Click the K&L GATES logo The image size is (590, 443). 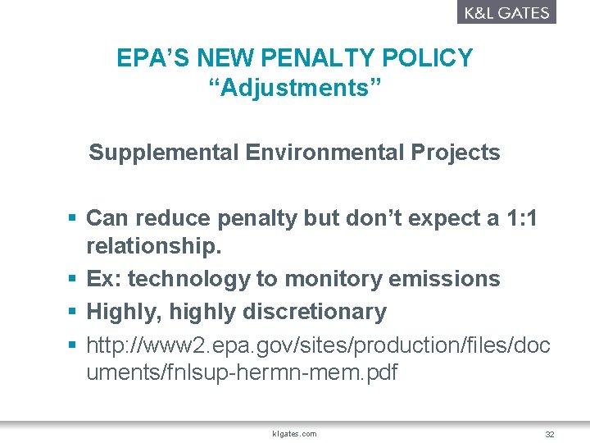(506, 12)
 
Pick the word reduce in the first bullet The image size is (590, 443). (172, 218)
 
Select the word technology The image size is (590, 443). (188, 279)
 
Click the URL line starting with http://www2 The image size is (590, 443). (318, 345)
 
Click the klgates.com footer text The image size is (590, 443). (294, 433)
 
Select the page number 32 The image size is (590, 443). (549, 433)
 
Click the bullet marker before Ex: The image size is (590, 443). (72, 279)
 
